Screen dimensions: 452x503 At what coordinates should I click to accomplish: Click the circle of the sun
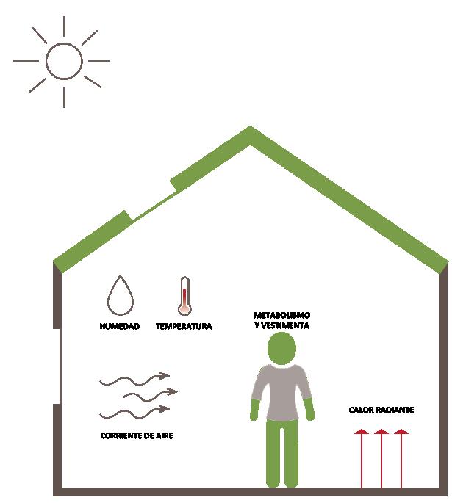(x=64, y=61)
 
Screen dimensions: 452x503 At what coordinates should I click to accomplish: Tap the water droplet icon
(x=119, y=296)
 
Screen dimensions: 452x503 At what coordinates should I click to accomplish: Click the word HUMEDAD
(x=119, y=326)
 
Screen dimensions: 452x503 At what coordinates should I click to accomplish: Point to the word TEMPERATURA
(x=184, y=326)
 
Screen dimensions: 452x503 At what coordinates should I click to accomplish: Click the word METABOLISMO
(x=280, y=315)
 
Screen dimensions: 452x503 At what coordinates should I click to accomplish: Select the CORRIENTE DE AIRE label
(x=137, y=435)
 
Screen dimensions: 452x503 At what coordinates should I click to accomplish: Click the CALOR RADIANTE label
(x=382, y=409)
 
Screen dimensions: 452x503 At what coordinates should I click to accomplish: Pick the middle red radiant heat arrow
(x=381, y=458)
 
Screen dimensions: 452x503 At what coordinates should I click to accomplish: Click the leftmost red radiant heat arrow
(x=361, y=458)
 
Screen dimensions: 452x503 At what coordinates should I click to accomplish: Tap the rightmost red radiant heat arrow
(x=400, y=458)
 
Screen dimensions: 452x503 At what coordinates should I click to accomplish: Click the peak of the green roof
(x=251, y=133)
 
